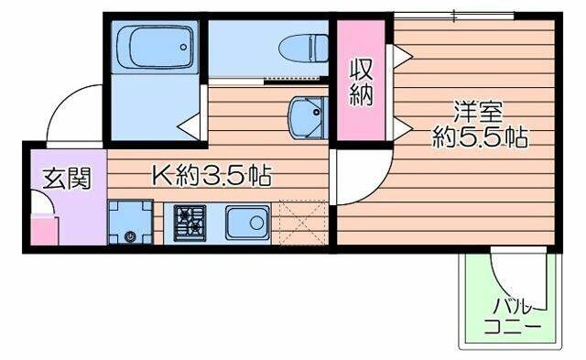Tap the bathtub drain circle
(183, 47)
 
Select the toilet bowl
(303, 49)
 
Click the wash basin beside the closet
(308, 117)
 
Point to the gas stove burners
(190, 224)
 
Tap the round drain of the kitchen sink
(256, 224)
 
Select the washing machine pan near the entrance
(130, 223)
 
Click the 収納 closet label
(361, 83)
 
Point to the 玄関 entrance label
(67, 179)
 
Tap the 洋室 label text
(479, 112)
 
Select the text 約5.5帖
(480, 137)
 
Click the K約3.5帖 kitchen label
(212, 175)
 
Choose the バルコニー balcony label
(513, 317)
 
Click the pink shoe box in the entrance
(44, 230)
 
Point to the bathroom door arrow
(189, 127)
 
